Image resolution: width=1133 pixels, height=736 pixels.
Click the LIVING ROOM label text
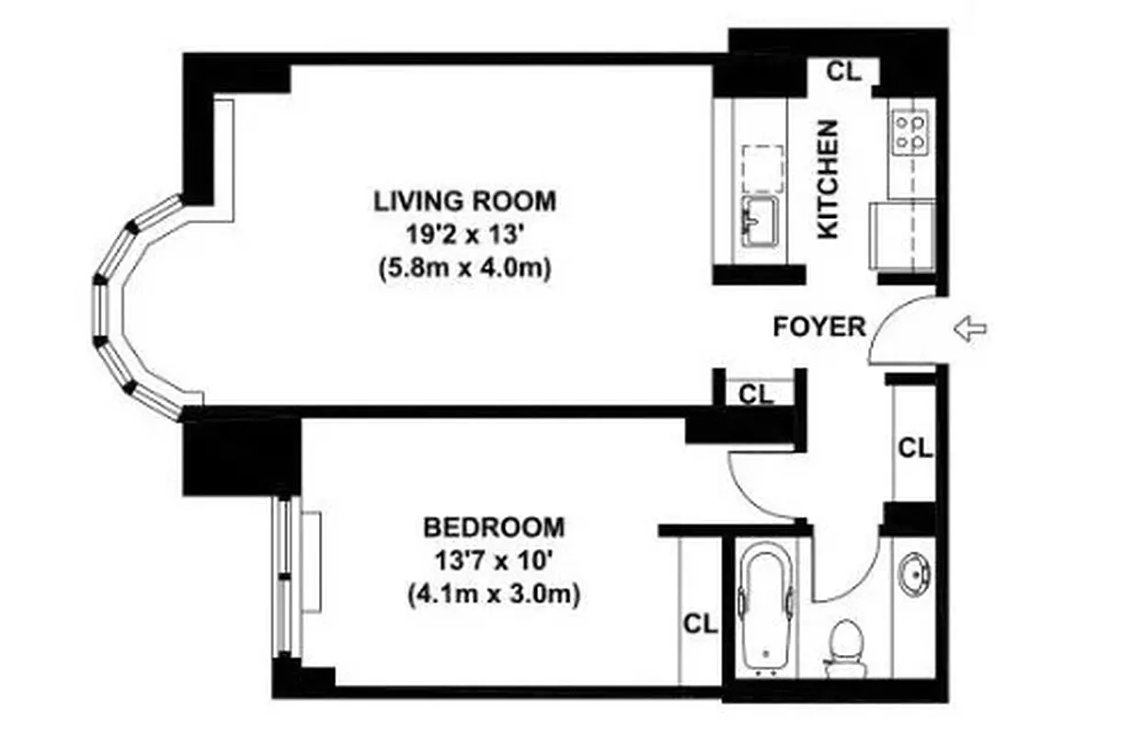click(x=464, y=200)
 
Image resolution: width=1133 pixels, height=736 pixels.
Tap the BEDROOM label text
click(x=493, y=527)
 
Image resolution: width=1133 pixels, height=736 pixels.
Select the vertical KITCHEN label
click(x=829, y=179)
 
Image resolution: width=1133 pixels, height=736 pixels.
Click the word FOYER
click(x=818, y=327)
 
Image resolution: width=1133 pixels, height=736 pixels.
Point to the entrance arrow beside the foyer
click(x=970, y=328)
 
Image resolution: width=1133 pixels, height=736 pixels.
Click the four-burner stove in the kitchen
click(x=910, y=131)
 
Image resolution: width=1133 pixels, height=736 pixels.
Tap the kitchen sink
click(x=760, y=222)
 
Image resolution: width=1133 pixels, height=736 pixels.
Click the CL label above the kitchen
click(x=843, y=72)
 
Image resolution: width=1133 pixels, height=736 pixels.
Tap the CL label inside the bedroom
click(x=699, y=624)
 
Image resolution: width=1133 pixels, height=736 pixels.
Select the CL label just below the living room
click(x=757, y=395)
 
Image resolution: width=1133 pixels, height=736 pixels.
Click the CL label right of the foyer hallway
click(x=914, y=448)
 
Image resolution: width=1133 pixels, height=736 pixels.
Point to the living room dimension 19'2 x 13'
click(x=464, y=235)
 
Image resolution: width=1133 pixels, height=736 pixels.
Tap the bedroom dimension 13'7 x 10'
click(x=493, y=561)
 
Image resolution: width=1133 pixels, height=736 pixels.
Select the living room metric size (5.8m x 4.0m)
click(x=464, y=270)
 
